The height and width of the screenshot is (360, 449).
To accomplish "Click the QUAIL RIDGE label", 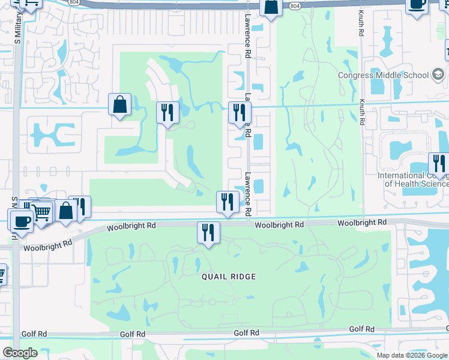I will pyautogui.click(x=230, y=277).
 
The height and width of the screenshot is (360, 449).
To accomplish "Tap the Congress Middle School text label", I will pyautogui.click(x=383, y=75).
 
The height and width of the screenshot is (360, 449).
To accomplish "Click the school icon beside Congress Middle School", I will pyautogui.click(x=439, y=75).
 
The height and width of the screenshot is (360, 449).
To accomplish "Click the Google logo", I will pyautogui.click(x=19, y=353).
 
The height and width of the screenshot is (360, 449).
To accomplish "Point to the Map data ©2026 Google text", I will pyautogui.click(x=412, y=355).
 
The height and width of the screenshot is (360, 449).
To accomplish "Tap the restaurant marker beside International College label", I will pyautogui.click(x=439, y=164).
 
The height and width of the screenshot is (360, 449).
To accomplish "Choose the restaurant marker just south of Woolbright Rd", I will pyautogui.click(x=208, y=232).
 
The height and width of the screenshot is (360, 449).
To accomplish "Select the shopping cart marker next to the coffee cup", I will pyautogui.click(x=41, y=211).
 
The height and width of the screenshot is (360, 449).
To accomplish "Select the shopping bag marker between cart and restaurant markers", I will pyautogui.click(x=65, y=211).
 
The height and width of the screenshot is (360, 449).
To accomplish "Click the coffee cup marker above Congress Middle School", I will pyautogui.click(x=417, y=4).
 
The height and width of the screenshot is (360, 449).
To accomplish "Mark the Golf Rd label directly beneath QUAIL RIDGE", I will pyautogui.click(x=247, y=333).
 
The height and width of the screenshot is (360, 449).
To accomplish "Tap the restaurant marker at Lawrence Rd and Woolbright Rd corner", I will pyautogui.click(x=227, y=202).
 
